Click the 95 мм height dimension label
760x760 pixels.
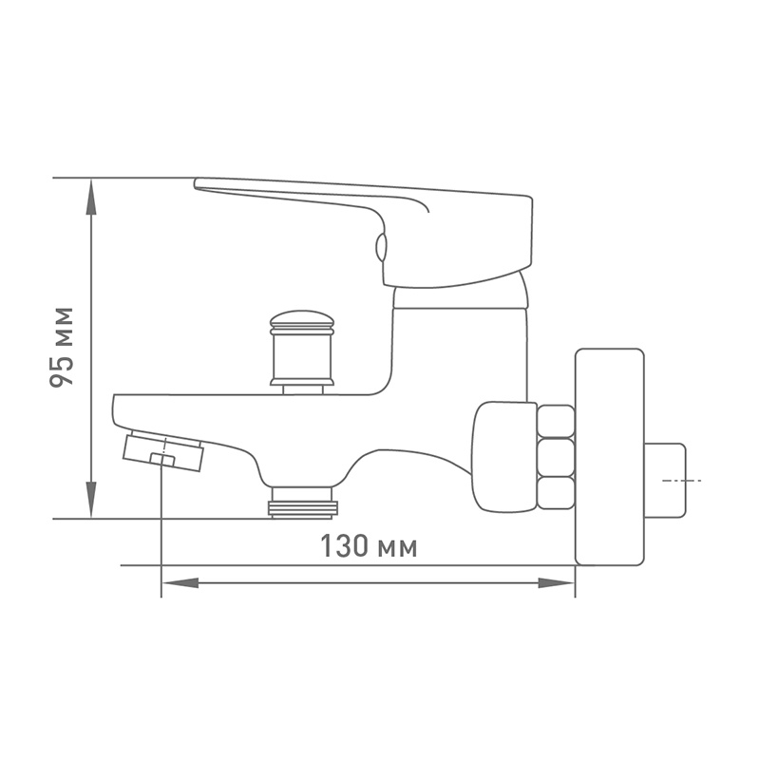62,347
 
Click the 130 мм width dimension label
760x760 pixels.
369,546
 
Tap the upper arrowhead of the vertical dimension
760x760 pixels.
90,197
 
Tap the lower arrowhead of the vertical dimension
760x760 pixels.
90,500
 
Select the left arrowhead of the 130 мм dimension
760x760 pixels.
180,582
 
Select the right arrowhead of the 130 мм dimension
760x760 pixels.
557,582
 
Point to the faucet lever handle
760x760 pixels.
364,232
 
